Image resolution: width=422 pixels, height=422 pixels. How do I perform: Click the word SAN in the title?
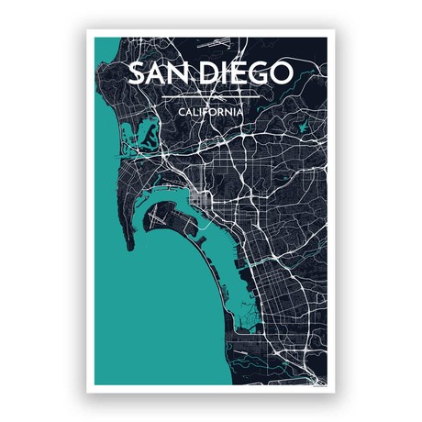(155, 73)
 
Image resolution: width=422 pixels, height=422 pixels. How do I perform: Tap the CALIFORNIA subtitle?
(211, 111)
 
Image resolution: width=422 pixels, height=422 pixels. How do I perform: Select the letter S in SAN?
(134, 73)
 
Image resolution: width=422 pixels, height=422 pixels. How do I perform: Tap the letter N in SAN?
(177, 73)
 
